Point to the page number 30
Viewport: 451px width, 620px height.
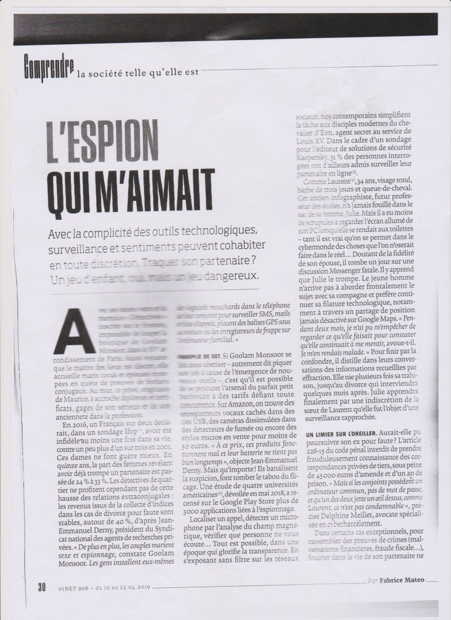(x=42, y=587)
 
